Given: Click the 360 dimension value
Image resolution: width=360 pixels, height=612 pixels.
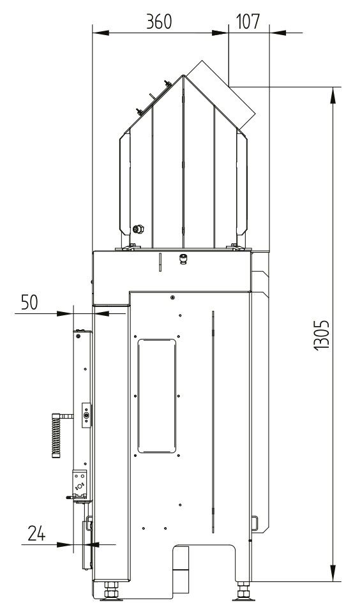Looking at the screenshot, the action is point(159,22).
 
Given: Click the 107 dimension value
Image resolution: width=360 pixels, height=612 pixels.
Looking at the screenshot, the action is point(248,22).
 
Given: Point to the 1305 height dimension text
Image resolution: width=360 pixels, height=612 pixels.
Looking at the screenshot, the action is point(322,335).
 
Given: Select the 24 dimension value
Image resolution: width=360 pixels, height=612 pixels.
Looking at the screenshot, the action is point(36,533).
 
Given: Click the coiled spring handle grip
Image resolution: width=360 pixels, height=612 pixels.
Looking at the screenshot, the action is point(57,435).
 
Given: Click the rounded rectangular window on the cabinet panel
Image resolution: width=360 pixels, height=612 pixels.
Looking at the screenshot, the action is point(156,396).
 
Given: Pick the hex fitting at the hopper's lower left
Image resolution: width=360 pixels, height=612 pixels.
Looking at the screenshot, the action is point(139,228).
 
